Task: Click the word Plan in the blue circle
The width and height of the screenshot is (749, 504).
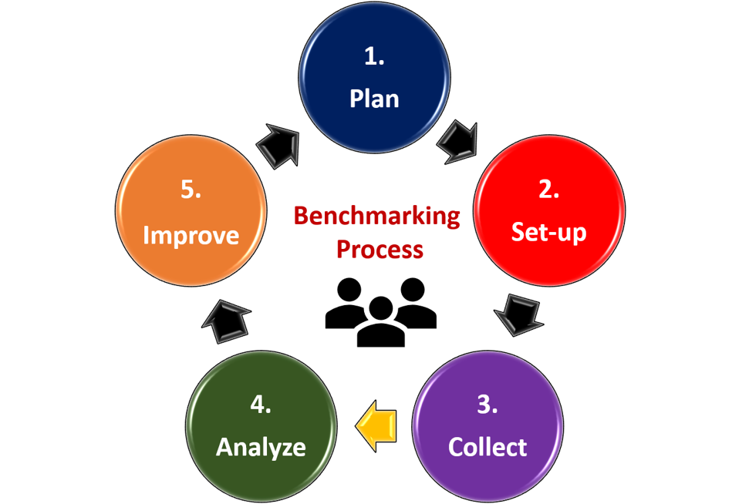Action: (x=374, y=99)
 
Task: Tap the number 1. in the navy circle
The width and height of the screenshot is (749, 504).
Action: (x=374, y=56)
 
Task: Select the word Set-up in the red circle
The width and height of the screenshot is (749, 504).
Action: (x=548, y=233)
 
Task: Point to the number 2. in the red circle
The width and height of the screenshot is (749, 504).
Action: (x=549, y=189)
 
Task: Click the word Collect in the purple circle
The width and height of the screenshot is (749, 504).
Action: (x=488, y=447)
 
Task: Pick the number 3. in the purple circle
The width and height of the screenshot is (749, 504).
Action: (x=488, y=405)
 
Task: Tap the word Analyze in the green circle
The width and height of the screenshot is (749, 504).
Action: (x=261, y=448)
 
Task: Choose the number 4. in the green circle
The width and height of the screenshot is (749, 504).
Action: (x=261, y=405)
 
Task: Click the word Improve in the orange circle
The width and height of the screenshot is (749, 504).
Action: (x=191, y=235)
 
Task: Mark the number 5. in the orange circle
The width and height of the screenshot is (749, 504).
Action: (x=191, y=190)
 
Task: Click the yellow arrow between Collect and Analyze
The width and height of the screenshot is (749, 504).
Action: (x=376, y=425)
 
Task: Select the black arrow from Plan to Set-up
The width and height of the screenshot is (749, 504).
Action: (x=458, y=143)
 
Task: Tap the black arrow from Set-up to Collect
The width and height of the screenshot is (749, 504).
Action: (x=519, y=314)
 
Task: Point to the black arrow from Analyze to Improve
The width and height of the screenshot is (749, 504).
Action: (x=226, y=321)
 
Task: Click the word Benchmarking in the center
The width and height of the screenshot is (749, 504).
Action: (x=377, y=217)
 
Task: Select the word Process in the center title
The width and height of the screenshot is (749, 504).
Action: (x=380, y=249)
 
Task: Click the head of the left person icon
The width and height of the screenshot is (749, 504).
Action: (x=349, y=290)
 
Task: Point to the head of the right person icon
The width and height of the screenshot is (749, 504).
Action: (x=413, y=290)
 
